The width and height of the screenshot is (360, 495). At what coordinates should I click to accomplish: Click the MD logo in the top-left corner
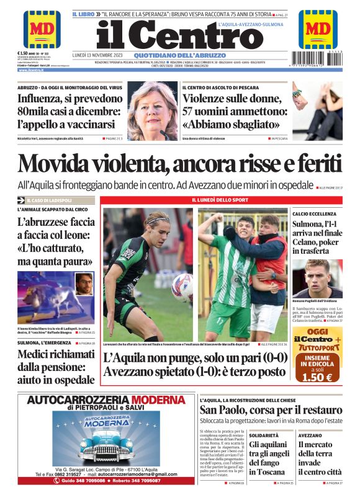(42, 29)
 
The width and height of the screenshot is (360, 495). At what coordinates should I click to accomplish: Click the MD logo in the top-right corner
(317, 29)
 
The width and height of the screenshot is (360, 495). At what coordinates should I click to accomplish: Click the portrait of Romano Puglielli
(318, 279)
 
